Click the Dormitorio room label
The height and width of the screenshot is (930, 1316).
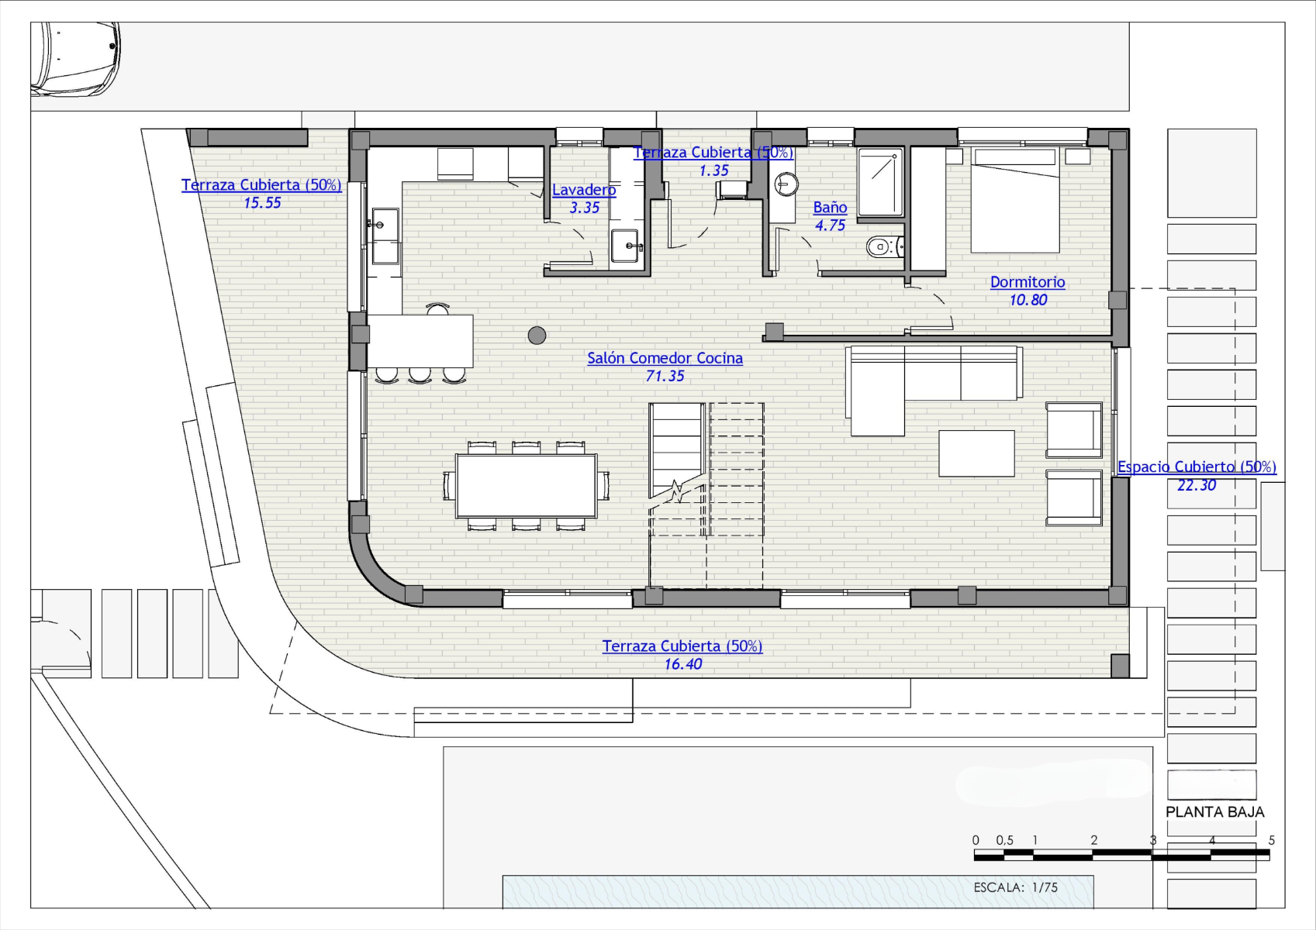pyautogui.click(x=1028, y=282)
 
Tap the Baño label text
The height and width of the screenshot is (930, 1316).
pyautogui.click(x=830, y=207)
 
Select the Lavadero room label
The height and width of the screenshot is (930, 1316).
pyautogui.click(x=584, y=190)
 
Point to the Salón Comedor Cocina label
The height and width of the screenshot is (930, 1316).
pyautogui.click(x=665, y=358)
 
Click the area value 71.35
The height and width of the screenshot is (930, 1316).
pyautogui.click(x=665, y=377)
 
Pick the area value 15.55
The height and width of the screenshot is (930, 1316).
pyautogui.click(x=262, y=203)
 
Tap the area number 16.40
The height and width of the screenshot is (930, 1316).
pyautogui.click(x=683, y=665)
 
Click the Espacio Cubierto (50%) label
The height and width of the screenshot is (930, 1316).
pyautogui.click(x=1197, y=467)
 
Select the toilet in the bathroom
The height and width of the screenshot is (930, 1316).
pyautogui.click(x=884, y=246)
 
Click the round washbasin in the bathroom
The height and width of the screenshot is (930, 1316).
pyautogui.click(x=786, y=184)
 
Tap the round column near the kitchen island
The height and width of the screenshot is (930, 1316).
pyautogui.click(x=537, y=336)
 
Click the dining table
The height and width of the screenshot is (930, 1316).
pyautogui.click(x=527, y=486)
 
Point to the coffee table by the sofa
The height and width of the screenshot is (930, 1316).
pyautogui.click(x=976, y=453)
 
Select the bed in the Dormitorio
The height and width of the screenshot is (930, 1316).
pyautogui.click(x=1015, y=200)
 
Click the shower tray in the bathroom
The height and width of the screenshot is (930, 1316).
pyautogui.click(x=880, y=182)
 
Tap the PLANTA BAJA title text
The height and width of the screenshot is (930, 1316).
pyautogui.click(x=1215, y=812)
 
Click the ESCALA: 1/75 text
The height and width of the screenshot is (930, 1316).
pyautogui.click(x=1016, y=887)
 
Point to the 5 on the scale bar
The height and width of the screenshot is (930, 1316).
pyautogui.click(x=1271, y=840)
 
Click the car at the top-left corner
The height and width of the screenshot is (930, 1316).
pyautogui.click(x=75, y=59)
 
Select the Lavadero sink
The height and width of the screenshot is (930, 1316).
pyautogui.click(x=624, y=246)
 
